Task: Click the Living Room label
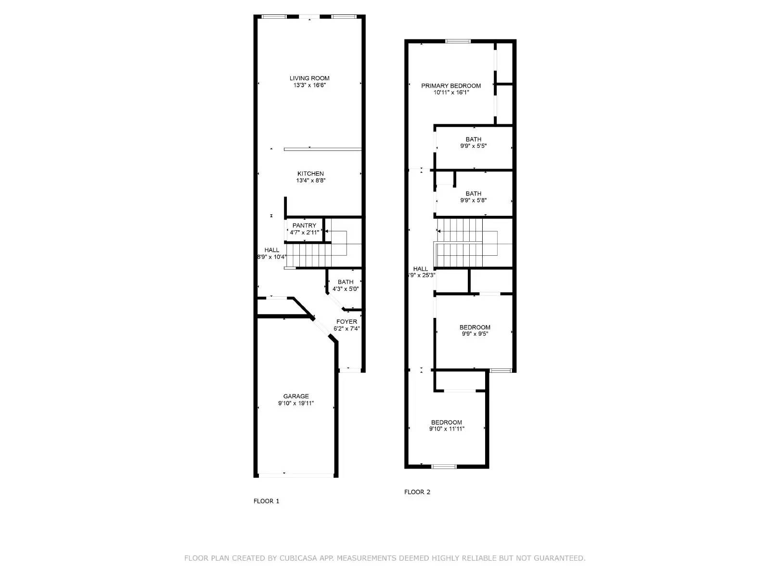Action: (309, 78)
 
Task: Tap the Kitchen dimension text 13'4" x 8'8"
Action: (311, 181)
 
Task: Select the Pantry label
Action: (304, 225)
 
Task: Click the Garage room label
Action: (296, 396)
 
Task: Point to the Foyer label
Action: (346, 322)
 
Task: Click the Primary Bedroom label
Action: (451, 86)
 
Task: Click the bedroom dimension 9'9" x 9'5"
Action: (475, 333)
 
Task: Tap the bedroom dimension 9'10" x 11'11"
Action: (447, 429)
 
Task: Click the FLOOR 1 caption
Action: (266, 501)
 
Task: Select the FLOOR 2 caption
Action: (417, 492)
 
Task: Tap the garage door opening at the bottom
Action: (296, 475)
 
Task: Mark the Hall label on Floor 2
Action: (421, 269)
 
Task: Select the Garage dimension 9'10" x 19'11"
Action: (296, 403)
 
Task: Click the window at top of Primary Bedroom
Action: (458, 41)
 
